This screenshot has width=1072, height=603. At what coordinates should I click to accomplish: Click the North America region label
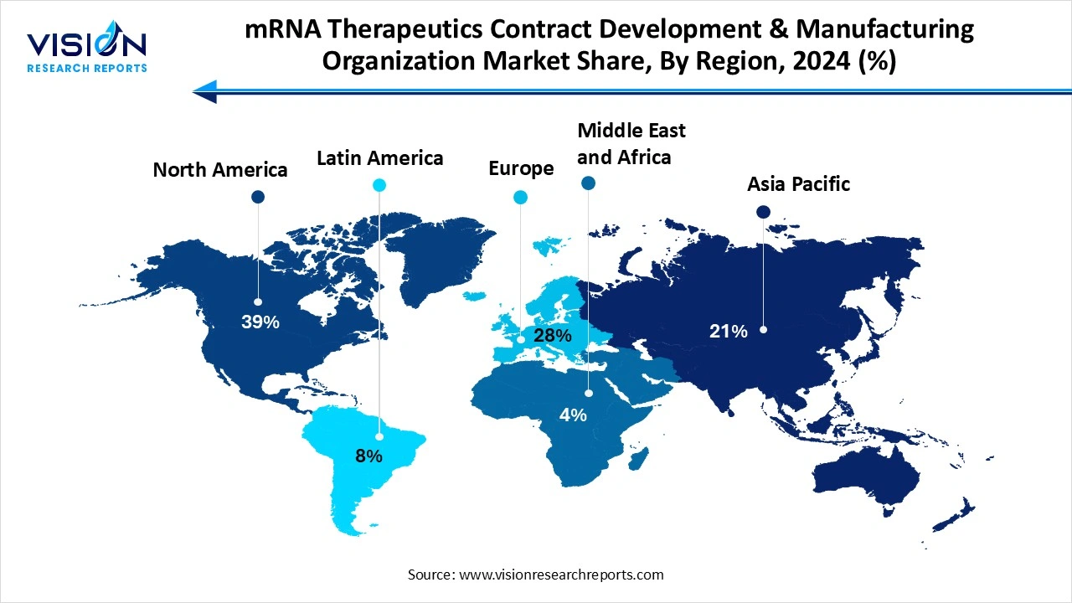[219, 170]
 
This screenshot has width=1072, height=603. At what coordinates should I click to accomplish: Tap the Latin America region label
[379, 158]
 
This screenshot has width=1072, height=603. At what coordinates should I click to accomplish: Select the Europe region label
[521, 168]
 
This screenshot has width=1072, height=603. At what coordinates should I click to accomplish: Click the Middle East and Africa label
[631, 143]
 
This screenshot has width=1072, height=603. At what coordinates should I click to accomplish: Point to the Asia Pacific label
[798, 184]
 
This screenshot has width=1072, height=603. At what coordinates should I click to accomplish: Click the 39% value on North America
[260, 322]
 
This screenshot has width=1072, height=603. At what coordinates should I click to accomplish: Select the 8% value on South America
[368, 456]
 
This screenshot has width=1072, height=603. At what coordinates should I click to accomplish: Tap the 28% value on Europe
[553, 336]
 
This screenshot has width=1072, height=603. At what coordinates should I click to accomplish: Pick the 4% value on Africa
[574, 415]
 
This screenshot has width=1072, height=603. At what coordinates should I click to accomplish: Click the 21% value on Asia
[728, 332]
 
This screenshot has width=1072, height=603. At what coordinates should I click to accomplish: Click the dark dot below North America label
[258, 197]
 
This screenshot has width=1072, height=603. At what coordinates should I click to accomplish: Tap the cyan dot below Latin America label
[379, 185]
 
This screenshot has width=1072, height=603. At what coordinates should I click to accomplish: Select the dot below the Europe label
[521, 198]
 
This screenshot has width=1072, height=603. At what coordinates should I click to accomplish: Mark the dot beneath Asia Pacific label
[763, 212]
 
